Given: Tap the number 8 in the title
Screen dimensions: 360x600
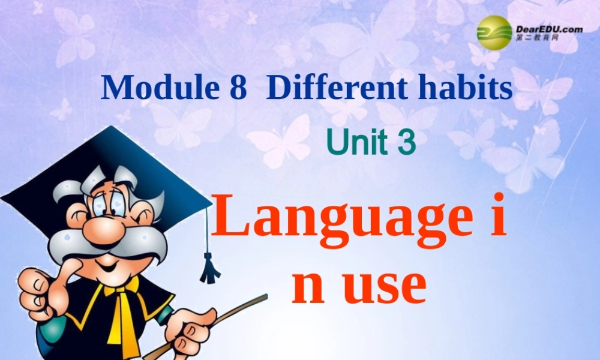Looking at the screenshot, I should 238,88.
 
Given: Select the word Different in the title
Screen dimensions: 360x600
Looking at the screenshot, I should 331,88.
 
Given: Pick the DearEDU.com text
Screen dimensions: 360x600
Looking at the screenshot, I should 548,28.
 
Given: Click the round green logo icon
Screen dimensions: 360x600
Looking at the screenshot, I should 494,31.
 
